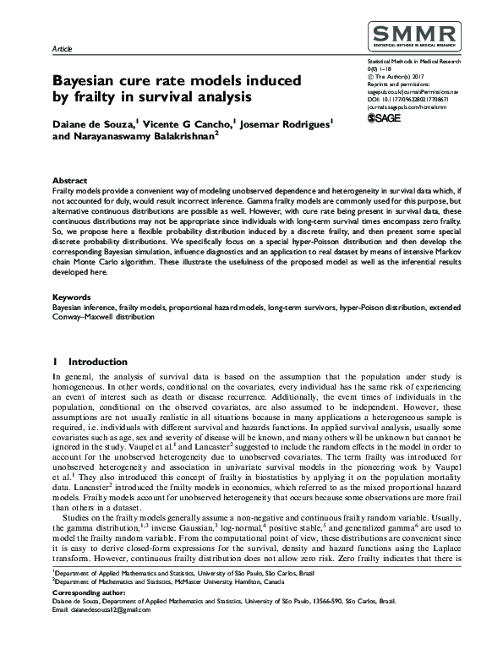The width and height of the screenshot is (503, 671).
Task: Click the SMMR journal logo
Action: tap(412, 38)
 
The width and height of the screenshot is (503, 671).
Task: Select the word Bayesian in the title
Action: tap(88, 81)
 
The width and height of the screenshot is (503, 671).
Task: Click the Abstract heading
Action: tap(69, 181)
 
